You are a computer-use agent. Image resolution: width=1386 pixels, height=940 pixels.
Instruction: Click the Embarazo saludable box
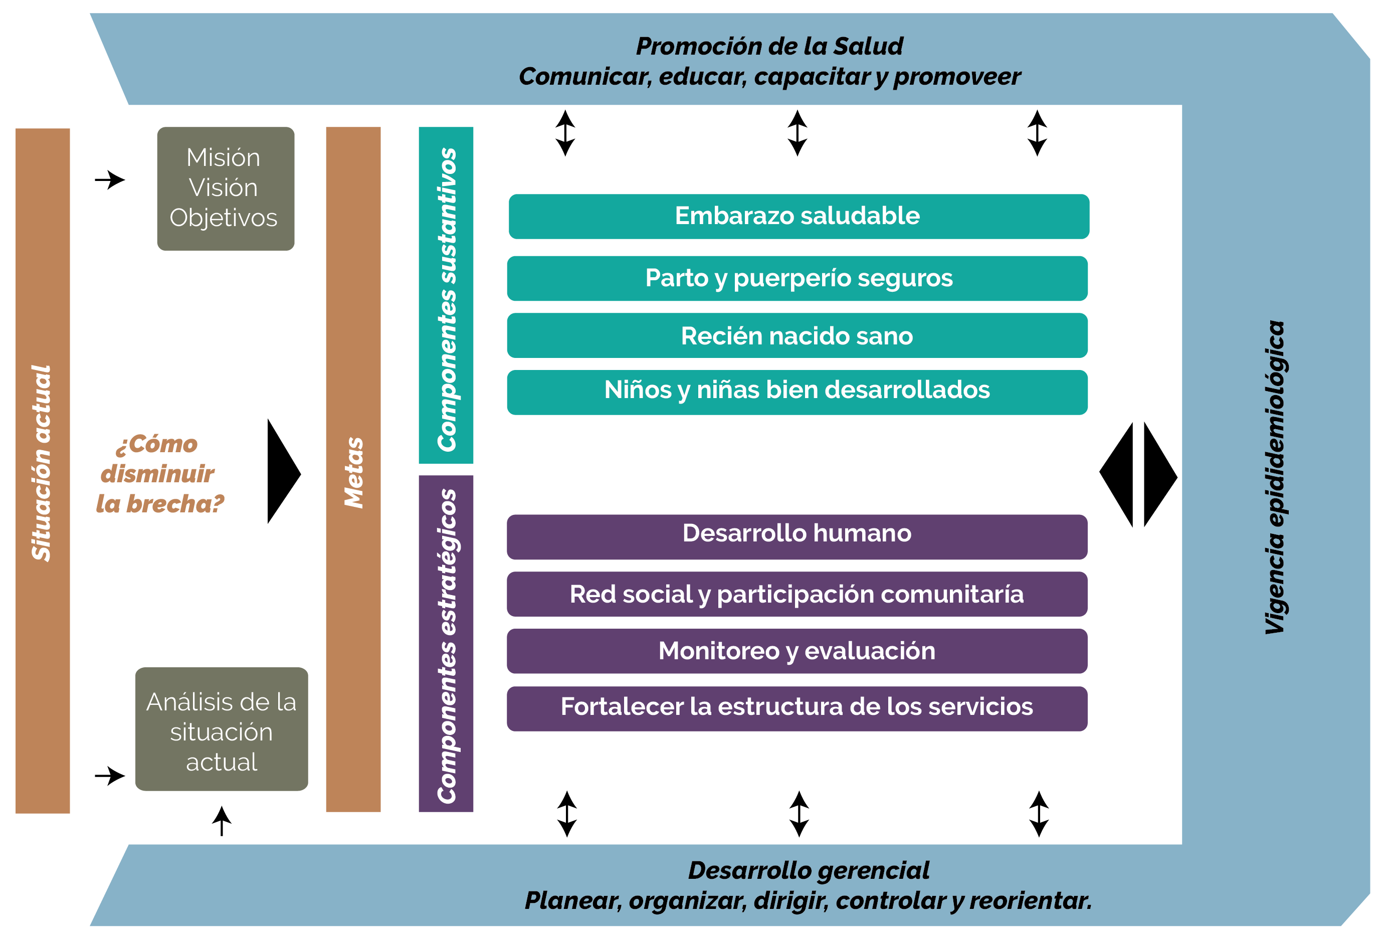(799, 217)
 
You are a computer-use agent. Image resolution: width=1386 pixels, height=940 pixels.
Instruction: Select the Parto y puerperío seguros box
(798, 279)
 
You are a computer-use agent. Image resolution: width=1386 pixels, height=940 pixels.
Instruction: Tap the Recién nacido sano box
(798, 336)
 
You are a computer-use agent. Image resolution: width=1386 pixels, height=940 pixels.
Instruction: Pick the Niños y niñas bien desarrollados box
(798, 393)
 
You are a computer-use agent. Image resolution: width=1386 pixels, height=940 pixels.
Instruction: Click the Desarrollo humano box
(798, 537)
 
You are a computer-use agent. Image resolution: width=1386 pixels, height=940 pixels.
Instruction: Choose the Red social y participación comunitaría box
(798, 595)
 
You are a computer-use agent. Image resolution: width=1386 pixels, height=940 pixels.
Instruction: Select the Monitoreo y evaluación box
(798, 651)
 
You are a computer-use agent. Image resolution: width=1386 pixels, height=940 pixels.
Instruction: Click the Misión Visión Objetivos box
(226, 189)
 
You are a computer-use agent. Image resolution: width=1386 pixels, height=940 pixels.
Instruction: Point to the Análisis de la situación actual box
(222, 729)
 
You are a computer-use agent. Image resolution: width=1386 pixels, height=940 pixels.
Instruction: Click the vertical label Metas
(354, 473)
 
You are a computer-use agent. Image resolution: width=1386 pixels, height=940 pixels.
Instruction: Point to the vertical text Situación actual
(42, 463)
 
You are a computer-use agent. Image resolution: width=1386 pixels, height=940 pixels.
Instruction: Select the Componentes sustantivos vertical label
(447, 299)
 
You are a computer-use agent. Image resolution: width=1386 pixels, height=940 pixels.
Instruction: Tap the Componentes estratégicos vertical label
(447, 646)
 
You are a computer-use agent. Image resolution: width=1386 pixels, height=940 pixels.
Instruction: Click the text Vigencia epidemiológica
(1275, 478)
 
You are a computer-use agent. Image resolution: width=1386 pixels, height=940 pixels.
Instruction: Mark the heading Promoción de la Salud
(769, 46)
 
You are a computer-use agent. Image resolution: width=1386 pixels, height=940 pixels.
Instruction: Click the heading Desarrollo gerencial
(809, 870)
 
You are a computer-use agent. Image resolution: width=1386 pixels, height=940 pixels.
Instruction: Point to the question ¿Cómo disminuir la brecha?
(160, 474)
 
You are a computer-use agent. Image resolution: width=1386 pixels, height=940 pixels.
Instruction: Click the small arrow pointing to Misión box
(110, 179)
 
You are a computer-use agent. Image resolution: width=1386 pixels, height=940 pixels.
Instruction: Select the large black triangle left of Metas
(284, 471)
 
